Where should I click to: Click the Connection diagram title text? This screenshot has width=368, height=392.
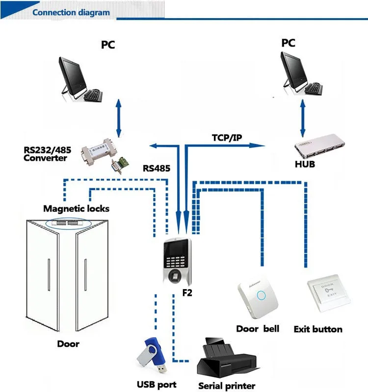[x=71, y=12]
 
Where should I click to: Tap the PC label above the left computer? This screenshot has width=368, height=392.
[x=108, y=45]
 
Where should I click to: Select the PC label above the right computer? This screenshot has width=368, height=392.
[x=289, y=43]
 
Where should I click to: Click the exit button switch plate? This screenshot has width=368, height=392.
[x=329, y=294]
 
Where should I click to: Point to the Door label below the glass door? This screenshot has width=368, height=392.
[x=68, y=343]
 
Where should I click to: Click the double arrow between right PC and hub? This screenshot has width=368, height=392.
[x=302, y=118]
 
